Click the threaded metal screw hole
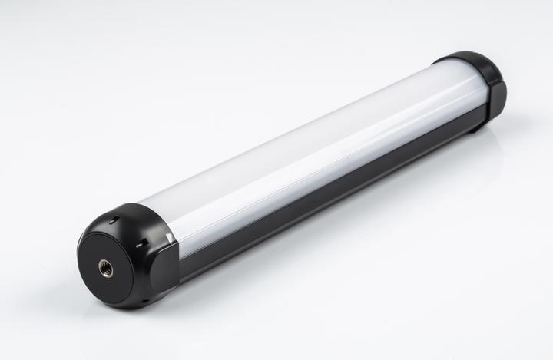[x=106, y=269]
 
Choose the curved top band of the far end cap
[x=465, y=58]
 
